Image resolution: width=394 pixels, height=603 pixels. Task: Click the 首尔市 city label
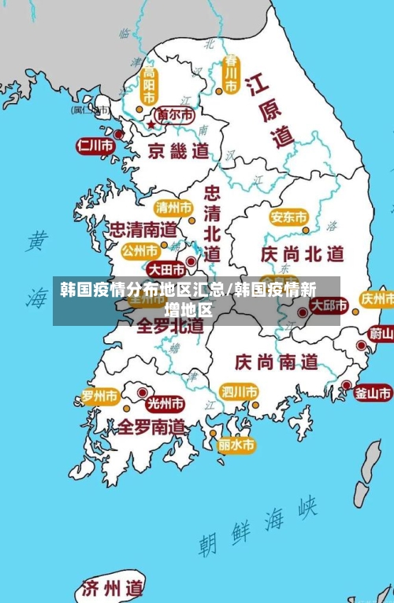coord(175,115)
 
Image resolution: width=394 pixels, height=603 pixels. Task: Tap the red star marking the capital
coord(151,124)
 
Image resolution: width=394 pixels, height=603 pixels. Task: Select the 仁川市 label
coord(94,145)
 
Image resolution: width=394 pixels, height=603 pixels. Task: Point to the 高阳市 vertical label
coord(149,84)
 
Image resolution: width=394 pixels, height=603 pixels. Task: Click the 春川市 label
coord(231,73)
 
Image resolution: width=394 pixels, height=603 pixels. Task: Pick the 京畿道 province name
coord(179,150)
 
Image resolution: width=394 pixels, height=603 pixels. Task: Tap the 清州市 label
coord(173,208)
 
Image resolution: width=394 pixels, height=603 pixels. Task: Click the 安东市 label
coord(288,216)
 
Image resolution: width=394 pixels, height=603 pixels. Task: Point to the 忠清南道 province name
coord(143,230)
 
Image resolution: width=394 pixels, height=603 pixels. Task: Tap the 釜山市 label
coord(373,393)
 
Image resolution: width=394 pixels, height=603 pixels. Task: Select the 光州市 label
coord(165,404)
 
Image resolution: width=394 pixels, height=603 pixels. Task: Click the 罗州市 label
coord(100,396)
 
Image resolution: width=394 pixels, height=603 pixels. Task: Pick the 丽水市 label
coord(236,445)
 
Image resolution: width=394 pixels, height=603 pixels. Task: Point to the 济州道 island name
coord(113,587)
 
